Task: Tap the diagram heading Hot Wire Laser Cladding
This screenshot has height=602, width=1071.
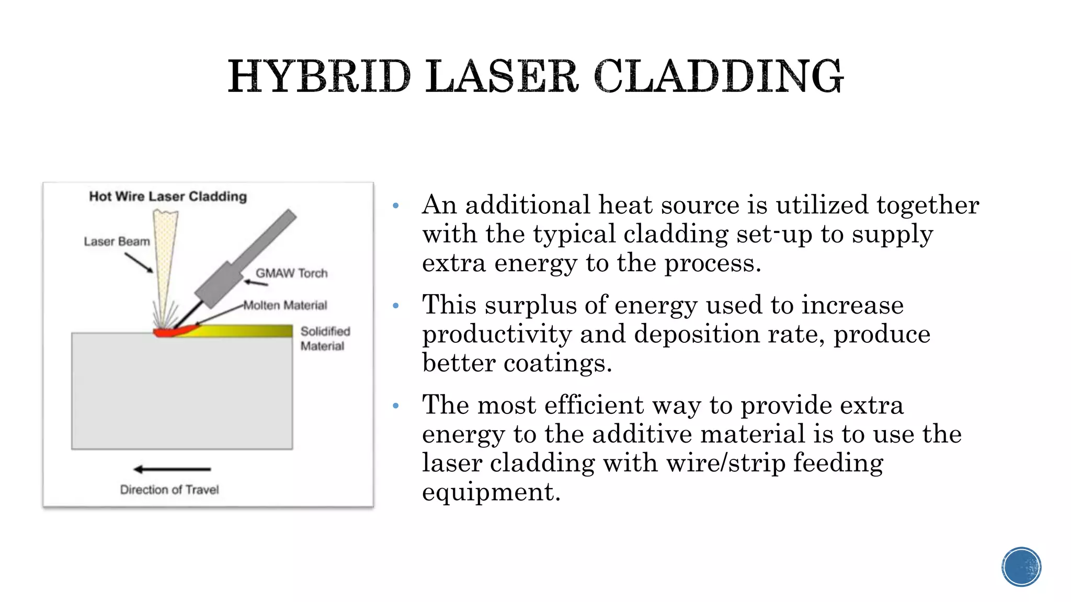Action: point(168,196)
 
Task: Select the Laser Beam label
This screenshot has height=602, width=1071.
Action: point(117,241)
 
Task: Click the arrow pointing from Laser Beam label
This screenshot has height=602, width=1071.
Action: point(139,262)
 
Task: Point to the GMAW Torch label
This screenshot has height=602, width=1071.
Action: point(291,273)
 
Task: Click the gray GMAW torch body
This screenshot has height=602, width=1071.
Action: point(246,259)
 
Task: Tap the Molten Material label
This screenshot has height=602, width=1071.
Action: point(285,305)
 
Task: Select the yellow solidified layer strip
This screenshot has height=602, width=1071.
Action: point(246,331)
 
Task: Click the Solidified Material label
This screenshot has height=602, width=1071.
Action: point(325,339)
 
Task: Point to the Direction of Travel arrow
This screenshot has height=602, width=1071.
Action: point(172,469)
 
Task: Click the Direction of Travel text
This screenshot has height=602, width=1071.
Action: point(169,490)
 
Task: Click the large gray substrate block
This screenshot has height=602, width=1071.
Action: point(181,392)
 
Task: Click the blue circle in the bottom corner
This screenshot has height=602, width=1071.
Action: point(1021,567)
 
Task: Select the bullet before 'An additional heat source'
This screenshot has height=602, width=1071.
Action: point(396,205)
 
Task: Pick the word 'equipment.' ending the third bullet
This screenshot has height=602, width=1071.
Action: point(491,492)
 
